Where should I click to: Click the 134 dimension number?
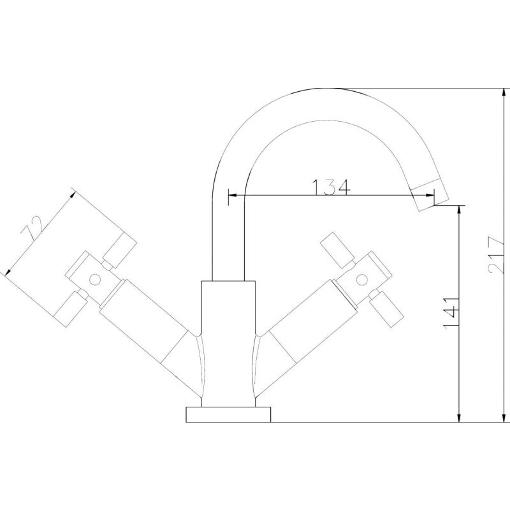point(331,187)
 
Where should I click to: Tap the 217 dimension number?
point(496,256)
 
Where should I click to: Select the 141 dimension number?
point(451,313)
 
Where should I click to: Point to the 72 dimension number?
point(32,228)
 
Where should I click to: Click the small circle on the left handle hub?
point(95,279)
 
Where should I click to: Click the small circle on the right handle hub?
point(361,279)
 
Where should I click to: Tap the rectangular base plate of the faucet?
point(228,414)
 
